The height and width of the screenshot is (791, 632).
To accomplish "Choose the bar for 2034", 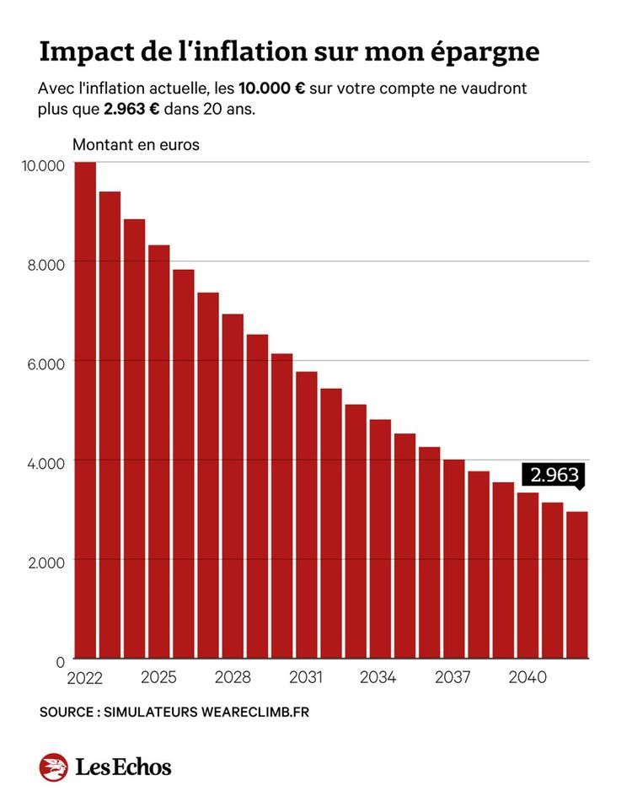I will pos(380,539).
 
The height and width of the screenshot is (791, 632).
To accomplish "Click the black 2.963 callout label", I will pos(554,475).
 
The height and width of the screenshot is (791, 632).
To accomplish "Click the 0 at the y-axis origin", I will pos(61,661).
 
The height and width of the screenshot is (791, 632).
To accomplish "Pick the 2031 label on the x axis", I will pos(306,677).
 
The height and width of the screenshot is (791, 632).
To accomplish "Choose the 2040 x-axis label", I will pos(528,677).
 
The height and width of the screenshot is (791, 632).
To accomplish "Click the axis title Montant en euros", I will pos(136,145).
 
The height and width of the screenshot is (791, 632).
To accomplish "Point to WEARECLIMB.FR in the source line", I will pos(255,713).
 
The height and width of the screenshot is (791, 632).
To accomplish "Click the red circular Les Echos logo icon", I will pos(53,767).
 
